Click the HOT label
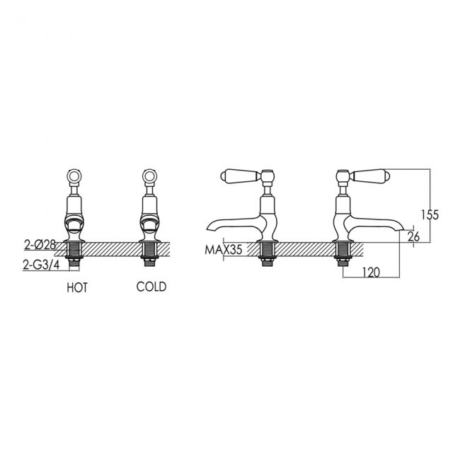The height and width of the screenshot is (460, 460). (77, 287)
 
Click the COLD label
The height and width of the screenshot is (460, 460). (151, 287)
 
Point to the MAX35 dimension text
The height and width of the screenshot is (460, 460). (223, 250)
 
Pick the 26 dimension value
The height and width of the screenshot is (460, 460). (414, 236)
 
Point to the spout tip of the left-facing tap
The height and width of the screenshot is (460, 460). (207, 229)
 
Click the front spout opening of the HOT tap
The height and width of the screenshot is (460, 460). (76, 226)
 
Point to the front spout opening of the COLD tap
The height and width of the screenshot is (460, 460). (149, 226)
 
